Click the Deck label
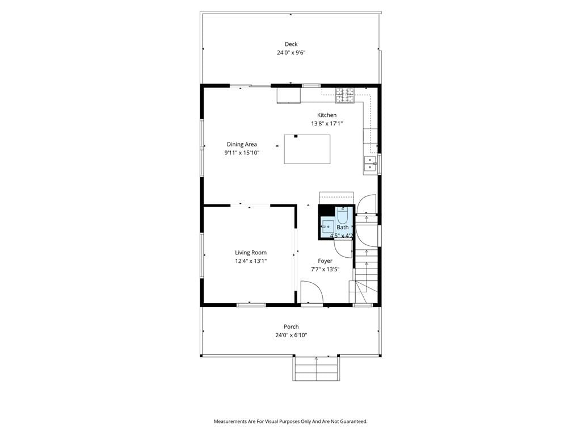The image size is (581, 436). point(291,44)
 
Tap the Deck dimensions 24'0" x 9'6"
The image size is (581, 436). point(291,53)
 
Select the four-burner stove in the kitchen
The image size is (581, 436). point(345,95)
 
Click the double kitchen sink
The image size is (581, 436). point(370,164)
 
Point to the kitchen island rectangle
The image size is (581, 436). point(307,149)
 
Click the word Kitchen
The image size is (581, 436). point(327,115)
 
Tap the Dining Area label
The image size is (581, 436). point(242,144)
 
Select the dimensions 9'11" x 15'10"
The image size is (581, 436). point(242,153)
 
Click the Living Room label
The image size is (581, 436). point(250,253)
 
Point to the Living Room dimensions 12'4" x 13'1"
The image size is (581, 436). point(250,261)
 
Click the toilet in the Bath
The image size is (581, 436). point(343,215)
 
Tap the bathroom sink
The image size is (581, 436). point(328,227)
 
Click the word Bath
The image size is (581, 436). point(342,227)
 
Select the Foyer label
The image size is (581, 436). point(325,261)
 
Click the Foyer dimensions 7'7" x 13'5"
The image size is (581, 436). point(325,270)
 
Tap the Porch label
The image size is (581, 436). point(291,326)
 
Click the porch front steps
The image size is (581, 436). point(317,368)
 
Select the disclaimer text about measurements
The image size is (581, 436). point(290,422)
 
